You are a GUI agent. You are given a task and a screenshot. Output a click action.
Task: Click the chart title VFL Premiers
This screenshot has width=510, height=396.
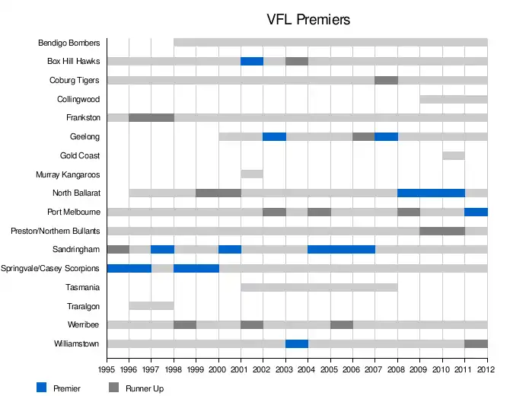pyautogui.click(x=308, y=20)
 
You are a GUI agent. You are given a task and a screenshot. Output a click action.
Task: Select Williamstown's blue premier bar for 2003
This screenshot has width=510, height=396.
pyautogui.click(x=296, y=343)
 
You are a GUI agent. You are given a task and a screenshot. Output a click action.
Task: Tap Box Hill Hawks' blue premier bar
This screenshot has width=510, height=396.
pyautogui.click(x=252, y=61)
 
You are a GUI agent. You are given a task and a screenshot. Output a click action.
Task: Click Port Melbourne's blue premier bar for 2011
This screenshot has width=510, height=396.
pyautogui.click(x=476, y=212)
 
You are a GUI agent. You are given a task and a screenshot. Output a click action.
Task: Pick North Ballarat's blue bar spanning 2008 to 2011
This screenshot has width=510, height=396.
pyautogui.click(x=431, y=193)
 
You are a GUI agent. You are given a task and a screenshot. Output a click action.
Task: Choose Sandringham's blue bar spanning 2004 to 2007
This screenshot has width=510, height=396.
pyautogui.click(x=341, y=249)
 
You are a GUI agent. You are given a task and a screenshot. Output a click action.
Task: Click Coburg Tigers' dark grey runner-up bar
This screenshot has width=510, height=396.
pyautogui.click(x=386, y=80)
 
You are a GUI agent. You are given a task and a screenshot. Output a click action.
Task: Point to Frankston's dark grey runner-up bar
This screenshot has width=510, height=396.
pyautogui.click(x=151, y=117)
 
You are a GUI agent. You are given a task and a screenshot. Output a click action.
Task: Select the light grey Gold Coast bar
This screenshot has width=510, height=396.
pyautogui.click(x=454, y=155)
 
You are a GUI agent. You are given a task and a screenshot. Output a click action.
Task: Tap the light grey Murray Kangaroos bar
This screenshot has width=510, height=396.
pyautogui.click(x=252, y=174)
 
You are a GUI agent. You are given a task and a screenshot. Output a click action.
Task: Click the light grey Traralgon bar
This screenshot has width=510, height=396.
pyautogui.click(x=151, y=305)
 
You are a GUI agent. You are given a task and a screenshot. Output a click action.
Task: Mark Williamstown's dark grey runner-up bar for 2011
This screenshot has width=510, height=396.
pyautogui.click(x=476, y=343)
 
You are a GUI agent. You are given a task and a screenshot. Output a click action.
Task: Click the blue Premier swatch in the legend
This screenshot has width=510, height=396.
pyautogui.click(x=42, y=388)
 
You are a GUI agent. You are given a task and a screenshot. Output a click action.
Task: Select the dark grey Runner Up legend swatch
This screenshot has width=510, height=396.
pyautogui.click(x=114, y=388)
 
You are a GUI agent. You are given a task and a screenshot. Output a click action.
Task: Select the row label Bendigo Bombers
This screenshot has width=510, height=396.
pyautogui.click(x=69, y=43)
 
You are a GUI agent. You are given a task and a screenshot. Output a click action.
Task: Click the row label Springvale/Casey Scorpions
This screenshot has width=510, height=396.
pyautogui.click(x=50, y=268)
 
